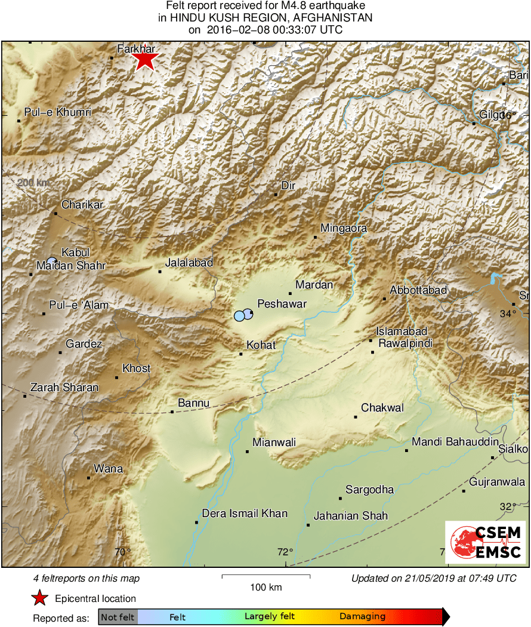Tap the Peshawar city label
(x=282, y=304)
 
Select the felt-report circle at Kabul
(x=52, y=261)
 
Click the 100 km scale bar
(x=266, y=576)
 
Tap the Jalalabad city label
(x=189, y=262)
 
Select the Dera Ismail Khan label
(x=245, y=514)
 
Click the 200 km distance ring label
(x=33, y=182)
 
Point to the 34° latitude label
(x=508, y=314)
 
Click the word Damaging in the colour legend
(x=362, y=616)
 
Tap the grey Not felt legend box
(x=118, y=616)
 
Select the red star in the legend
(x=39, y=598)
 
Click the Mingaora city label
(x=344, y=228)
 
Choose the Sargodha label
(x=370, y=490)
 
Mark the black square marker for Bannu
(x=172, y=411)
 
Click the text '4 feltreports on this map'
(x=87, y=578)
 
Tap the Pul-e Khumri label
(x=58, y=112)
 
